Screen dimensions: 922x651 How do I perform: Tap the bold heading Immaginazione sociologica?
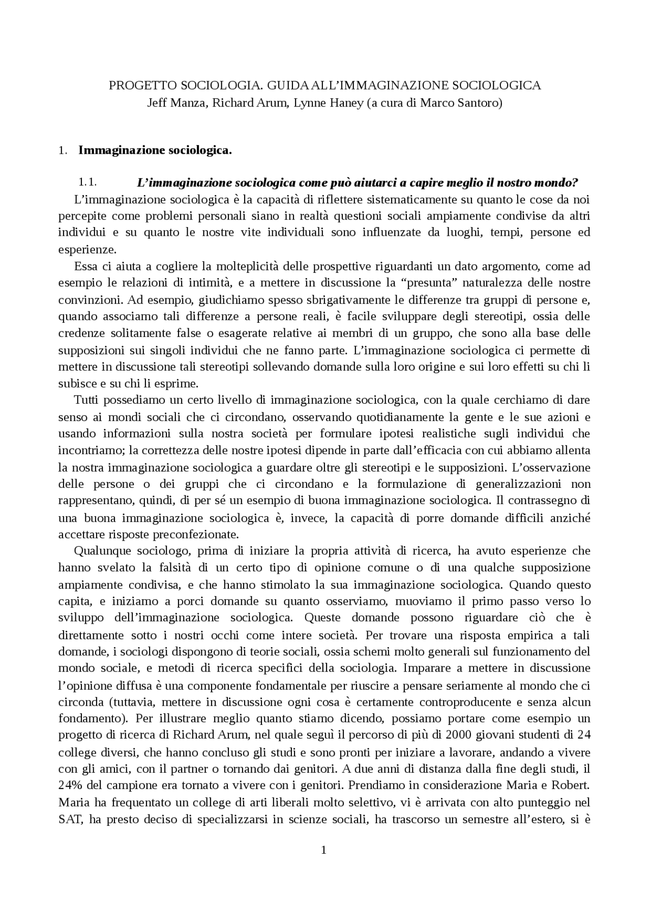click(155, 150)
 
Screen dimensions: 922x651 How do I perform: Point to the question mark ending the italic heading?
click(576, 182)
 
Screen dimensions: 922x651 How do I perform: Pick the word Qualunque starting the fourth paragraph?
click(97, 551)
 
